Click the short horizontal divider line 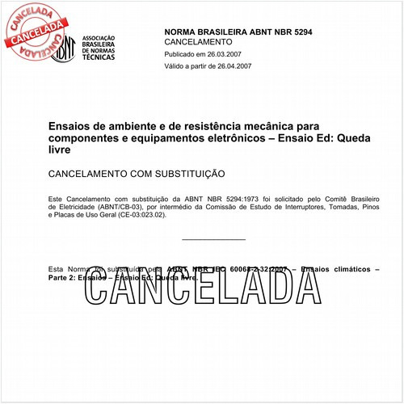(x=214, y=240)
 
